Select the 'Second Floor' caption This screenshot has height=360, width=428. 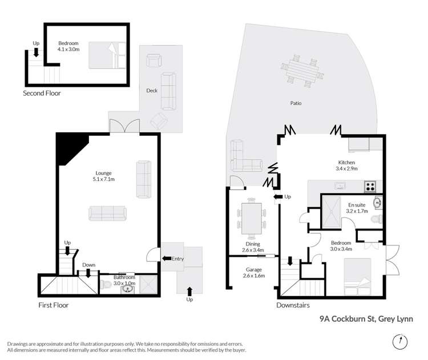point(42,93)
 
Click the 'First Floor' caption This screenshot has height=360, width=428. point(53,305)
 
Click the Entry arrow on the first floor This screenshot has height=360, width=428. point(167,259)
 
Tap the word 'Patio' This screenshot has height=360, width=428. point(295,103)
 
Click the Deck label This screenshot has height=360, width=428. point(152,90)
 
